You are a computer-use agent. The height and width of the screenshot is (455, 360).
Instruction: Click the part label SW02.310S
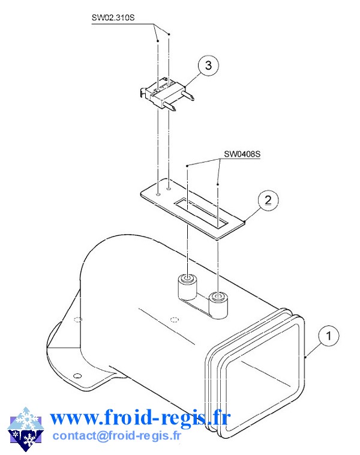pyautogui.click(x=113, y=17)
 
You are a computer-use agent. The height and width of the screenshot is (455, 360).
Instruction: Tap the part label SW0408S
pyautogui.click(x=242, y=154)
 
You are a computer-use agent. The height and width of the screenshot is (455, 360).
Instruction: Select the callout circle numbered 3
pyautogui.click(x=208, y=65)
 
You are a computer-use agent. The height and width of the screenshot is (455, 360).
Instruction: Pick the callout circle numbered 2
pyautogui.click(x=268, y=200)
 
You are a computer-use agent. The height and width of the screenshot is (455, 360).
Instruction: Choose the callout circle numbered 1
pyautogui.click(x=329, y=336)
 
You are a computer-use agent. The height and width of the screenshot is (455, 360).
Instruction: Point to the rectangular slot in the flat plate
pyautogui.click(x=201, y=212)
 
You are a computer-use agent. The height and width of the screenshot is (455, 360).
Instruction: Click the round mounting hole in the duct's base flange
pyautogui.click(x=77, y=376)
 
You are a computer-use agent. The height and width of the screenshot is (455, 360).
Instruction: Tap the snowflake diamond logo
pyautogui.click(x=26, y=429)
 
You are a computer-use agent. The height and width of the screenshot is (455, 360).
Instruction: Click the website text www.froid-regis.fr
pyautogui.click(x=140, y=418)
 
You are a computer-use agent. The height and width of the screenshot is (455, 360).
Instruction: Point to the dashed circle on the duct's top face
pyautogui.click(x=174, y=320)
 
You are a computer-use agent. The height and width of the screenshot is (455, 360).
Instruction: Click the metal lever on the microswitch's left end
pyautogui.click(x=143, y=91)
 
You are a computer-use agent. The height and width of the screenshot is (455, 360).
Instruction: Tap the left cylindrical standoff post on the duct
pyautogui.click(x=188, y=288)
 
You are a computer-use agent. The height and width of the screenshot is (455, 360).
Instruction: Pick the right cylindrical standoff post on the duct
pyautogui.click(x=218, y=305)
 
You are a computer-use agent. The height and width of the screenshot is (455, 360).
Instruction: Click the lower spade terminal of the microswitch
pyautogui.click(x=169, y=106)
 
